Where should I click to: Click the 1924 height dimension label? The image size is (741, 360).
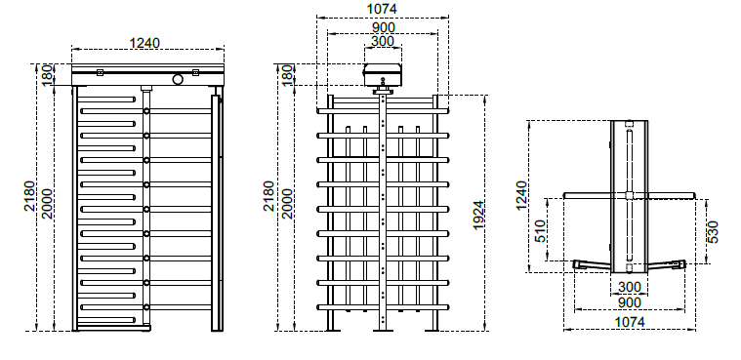(x=478, y=216)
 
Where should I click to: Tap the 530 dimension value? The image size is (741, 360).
(x=714, y=232)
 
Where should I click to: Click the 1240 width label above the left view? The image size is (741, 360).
(x=144, y=43)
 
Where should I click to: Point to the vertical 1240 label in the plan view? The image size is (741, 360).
(x=521, y=195)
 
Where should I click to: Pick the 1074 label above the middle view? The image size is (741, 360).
(x=382, y=9)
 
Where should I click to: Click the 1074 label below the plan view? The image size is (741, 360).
(x=630, y=322)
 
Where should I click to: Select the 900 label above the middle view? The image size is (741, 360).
(x=383, y=27)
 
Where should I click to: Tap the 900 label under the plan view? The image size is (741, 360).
(x=630, y=302)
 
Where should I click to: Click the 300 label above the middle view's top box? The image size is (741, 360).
(x=383, y=42)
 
